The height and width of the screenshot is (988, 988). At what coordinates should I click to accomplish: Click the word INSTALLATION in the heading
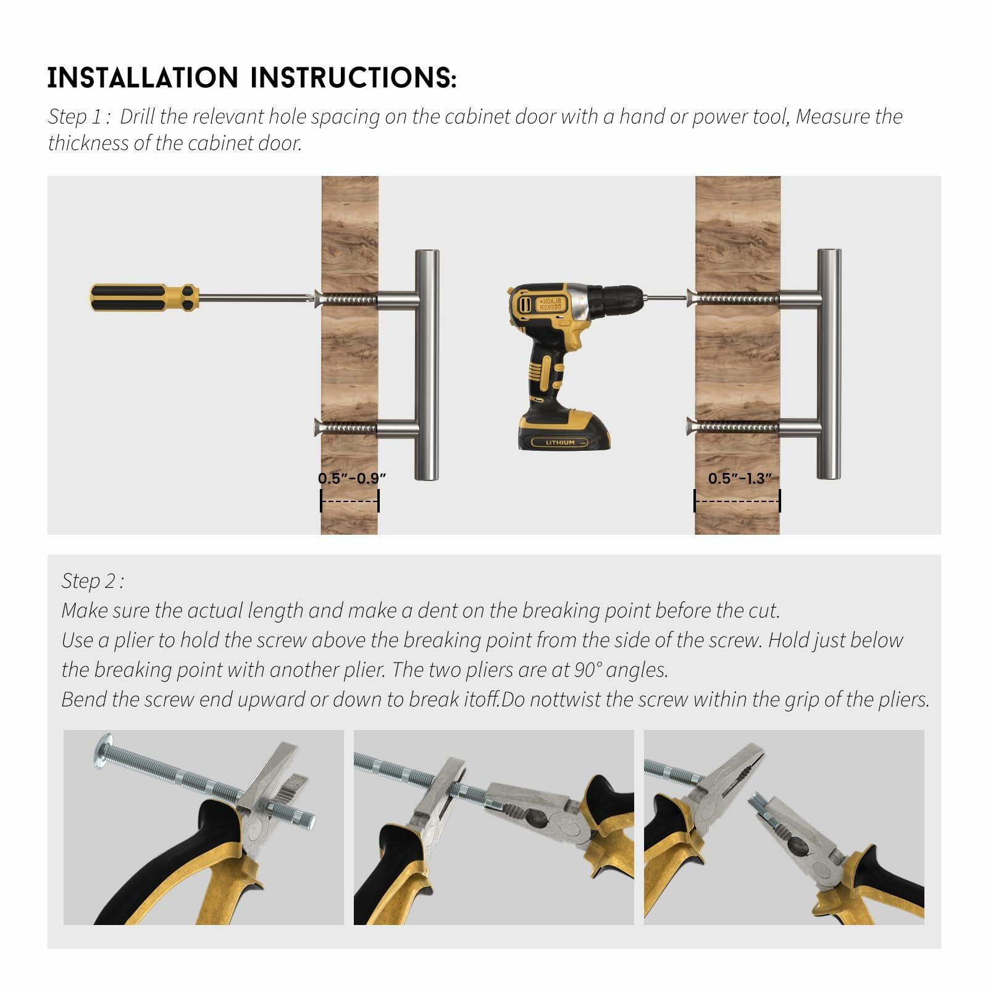pos(143,78)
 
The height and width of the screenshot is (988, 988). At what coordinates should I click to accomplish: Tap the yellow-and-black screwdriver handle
pos(144,297)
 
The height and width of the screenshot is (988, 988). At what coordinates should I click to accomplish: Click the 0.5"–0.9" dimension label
pos(352,478)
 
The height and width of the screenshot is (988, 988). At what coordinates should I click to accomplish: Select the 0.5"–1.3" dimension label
pos(740,478)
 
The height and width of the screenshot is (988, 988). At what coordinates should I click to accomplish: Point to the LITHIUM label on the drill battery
pos(560,442)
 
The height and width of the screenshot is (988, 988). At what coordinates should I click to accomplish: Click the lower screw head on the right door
pos(692,426)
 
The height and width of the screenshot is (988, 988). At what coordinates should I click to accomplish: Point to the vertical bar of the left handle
pos(427,365)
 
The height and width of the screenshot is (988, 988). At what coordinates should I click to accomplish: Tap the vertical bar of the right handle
pos(829,364)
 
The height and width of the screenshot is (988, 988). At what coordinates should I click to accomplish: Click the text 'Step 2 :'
pos(93,581)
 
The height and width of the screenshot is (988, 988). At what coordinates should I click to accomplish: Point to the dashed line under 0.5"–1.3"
pos(737,501)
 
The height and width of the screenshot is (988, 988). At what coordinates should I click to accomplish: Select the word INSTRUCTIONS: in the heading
pos(353,78)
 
